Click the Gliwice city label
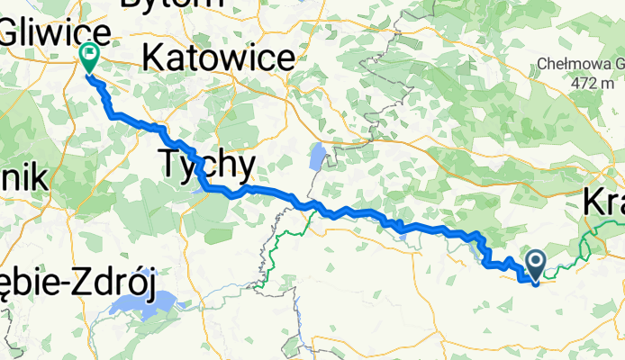tap(56, 34)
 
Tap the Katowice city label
tap(219, 59)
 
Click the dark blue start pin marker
tap(535, 265)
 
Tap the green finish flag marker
tap(90, 57)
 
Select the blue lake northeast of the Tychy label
tap(316, 157)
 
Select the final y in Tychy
tap(245, 167)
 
